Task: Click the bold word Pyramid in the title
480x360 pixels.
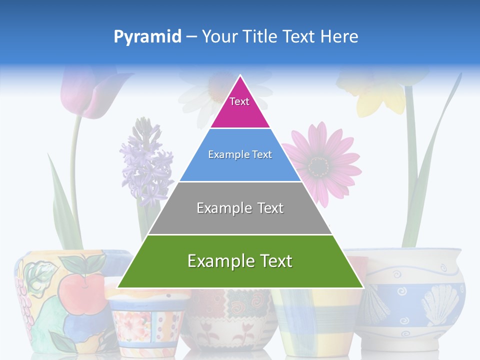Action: (x=147, y=37)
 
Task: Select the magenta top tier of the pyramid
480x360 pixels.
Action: (x=240, y=107)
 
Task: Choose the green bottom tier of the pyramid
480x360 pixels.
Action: (x=240, y=270)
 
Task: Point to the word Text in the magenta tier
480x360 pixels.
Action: (x=239, y=101)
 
